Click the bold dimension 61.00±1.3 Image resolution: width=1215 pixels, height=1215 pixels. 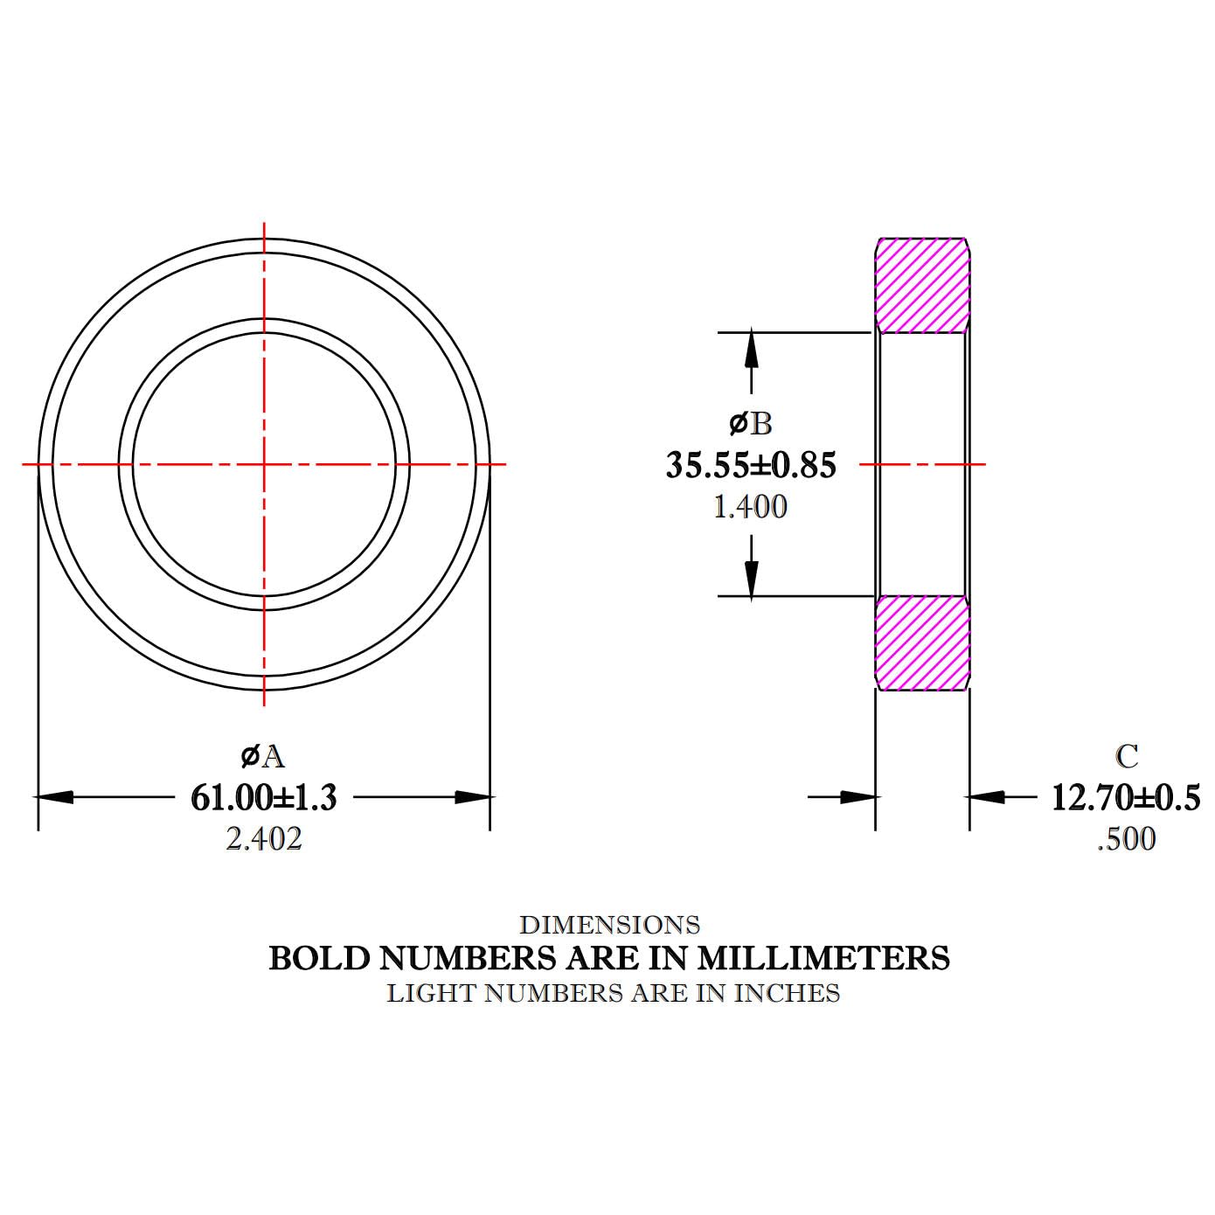click(x=264, y=797)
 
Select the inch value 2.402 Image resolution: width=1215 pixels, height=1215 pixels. click(x=264, y=839)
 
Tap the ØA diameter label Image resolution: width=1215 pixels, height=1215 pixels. click(x=263, y=757)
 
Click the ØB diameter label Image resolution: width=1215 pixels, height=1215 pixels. click(x=750, y=424)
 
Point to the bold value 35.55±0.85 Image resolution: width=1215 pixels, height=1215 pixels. click(x=751, y=465)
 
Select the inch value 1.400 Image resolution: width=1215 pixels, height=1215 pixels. click(x=750, y=507)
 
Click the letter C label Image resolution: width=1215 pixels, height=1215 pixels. click(x=1128, y=757)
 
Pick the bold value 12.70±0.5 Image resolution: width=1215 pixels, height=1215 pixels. click(x=1126, y=797)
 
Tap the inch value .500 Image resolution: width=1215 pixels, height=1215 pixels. click(x=1127, y=839)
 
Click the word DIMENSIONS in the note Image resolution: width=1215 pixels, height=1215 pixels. click(x=610, y=925)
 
